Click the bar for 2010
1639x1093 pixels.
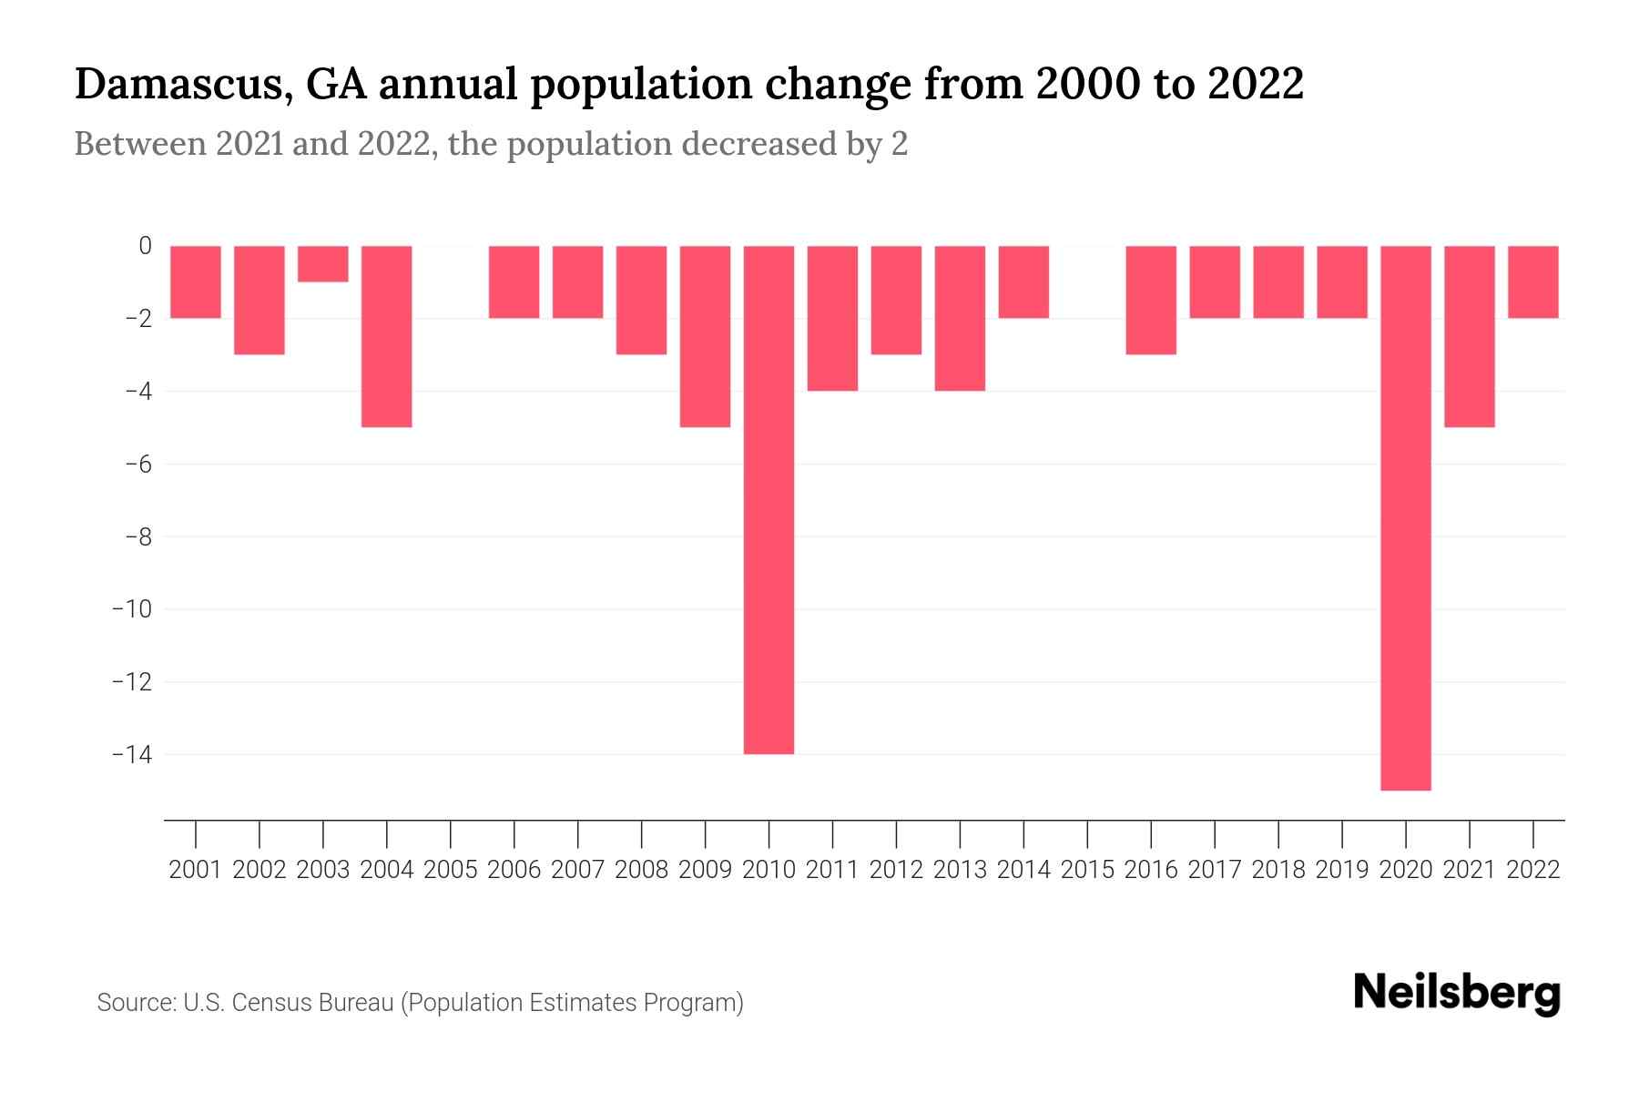point(769,499)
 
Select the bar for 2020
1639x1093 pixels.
point(1406,517)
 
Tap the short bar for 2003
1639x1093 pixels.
point(323,264)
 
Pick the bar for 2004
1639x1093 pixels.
point(387,336)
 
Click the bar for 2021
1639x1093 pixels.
point(1470,336)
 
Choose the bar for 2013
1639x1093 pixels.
point(960,318)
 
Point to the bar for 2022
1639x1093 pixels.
point(1533,281)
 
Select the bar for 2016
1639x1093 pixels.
point(1151,300)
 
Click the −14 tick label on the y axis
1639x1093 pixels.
point(131,754)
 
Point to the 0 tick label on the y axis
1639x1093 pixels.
point(145,245)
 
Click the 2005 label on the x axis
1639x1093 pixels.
point(451,870)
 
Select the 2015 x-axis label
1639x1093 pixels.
point(1087,870)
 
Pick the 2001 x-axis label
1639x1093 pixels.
point(196,870)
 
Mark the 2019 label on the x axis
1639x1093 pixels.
point(1342,870)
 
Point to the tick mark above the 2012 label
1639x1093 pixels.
point(896,833)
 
